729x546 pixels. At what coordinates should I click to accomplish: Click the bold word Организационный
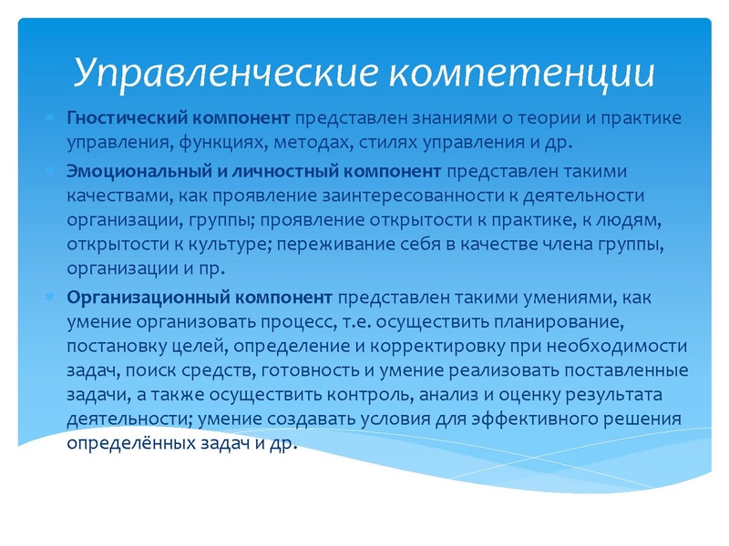click(133, 297)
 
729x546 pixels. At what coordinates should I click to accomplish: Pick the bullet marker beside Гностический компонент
click(51, 119)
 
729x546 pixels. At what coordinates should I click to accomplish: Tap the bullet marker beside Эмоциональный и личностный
click(51, 170)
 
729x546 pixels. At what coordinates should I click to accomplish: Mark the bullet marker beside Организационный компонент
click(51, 298)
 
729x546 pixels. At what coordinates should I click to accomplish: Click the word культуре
click(232, 245)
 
